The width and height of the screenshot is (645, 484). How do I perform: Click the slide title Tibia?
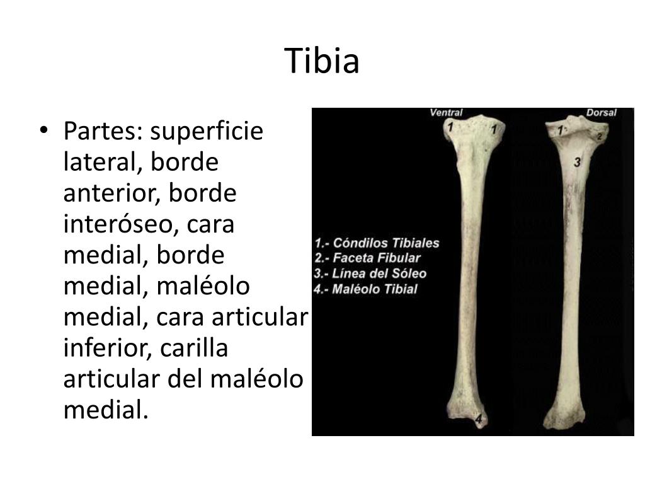(x=322, y=61)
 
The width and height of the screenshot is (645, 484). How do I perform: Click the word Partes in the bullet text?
(x=103, y=132)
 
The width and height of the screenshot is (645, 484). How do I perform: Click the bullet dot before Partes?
(x=43, y=130)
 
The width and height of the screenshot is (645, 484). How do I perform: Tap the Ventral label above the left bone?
(x=446, y=113)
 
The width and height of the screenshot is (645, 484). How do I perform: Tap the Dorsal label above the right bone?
(x=601, y=113)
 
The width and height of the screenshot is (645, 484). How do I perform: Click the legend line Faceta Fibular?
(x=367, y=258)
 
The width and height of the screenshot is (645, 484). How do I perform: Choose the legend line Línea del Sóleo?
(x=370, y=274)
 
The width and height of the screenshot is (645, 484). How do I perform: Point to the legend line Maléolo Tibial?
(x=366, y=289)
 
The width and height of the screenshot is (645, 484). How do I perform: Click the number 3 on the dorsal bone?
(x=577, y=163)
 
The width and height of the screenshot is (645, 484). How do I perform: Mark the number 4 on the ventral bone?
(x=479, y=418)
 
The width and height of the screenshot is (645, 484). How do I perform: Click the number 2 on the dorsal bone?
(x=600, y=136)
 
